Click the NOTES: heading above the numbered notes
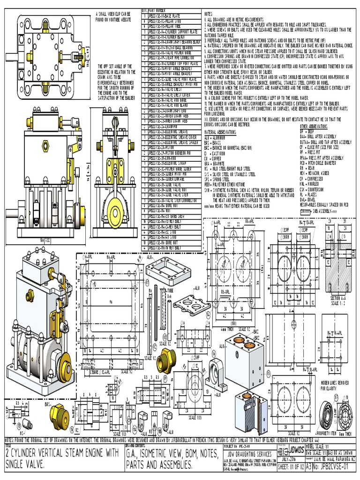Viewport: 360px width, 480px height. point(209,14)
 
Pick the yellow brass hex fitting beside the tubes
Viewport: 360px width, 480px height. point(166,360)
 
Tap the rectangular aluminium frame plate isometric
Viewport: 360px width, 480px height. point(163,274)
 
